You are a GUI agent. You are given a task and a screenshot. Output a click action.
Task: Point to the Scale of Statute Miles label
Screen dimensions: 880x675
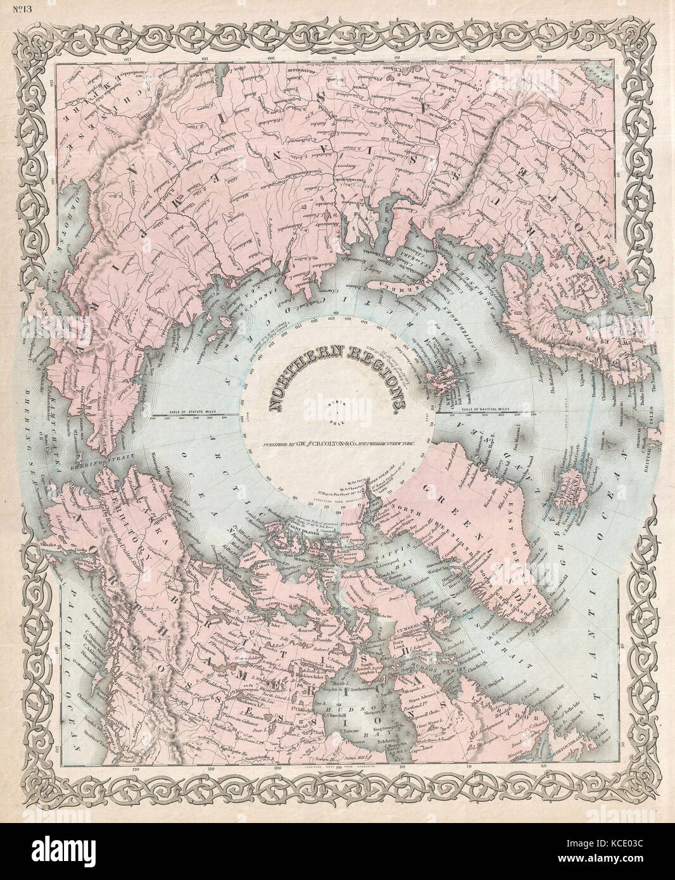[x=193, y=413]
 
